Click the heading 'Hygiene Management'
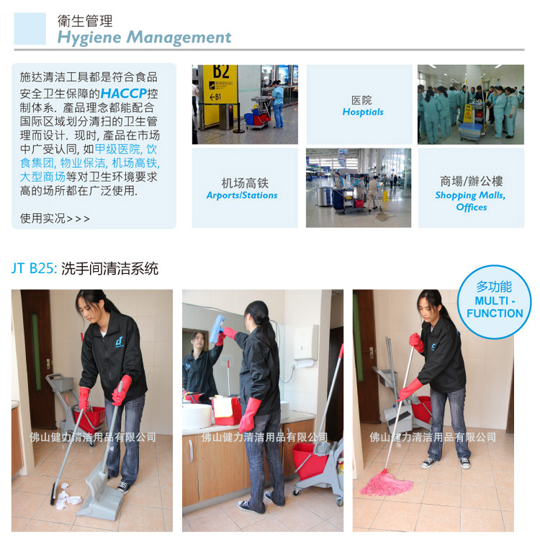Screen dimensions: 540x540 tap(144, 37)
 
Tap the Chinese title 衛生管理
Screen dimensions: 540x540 tap(85, 21)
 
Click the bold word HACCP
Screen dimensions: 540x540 tap(124, 93)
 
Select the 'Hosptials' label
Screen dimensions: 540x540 tap(363, 112)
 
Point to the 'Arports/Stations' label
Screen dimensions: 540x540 tap(242, 195)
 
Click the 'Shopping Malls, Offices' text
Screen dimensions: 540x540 tap(471, 201)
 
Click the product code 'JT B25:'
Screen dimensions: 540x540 tap(34, 269)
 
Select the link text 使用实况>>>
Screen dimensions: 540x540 tap(55, 218)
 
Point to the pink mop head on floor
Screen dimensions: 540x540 tap(387, 483)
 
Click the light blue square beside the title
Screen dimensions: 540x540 tap(30, 29)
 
